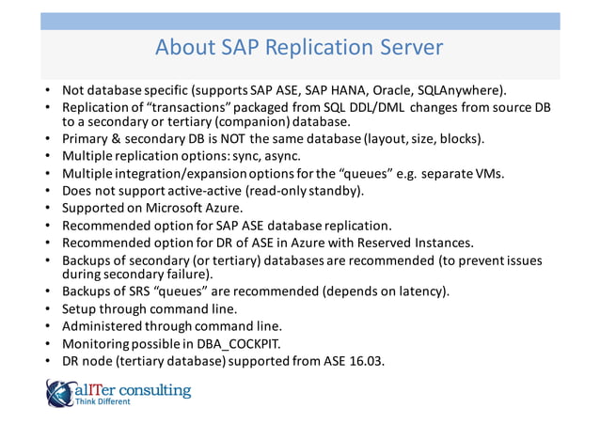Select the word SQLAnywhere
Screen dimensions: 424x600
click(x=466, y=91)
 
